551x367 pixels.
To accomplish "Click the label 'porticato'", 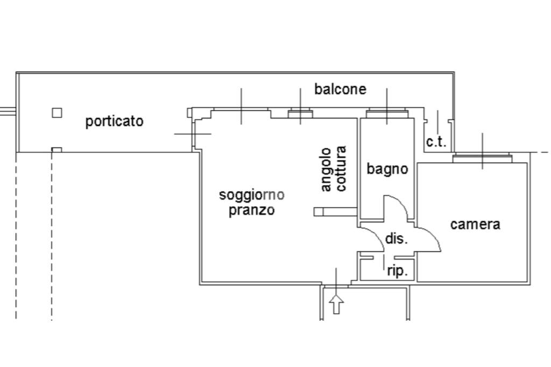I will pos(114,122).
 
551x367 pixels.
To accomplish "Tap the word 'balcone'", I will pos(340,89).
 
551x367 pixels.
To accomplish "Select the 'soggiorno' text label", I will pos(251,194).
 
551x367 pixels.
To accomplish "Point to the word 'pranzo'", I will pos(251,210).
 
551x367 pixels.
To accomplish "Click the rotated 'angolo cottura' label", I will pos(334,169).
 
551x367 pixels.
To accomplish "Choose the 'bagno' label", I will pos(387,169).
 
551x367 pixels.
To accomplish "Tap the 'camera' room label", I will pos(475,224).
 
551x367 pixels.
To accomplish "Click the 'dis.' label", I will pos(397,239).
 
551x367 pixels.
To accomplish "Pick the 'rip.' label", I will pos(398,272).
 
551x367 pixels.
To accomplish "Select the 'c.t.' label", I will pos(436,142).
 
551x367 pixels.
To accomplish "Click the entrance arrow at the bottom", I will pos(336,304).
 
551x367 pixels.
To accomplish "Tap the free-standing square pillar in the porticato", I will pos(56,112).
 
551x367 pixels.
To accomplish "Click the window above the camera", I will pos(482,158).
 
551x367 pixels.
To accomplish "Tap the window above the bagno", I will pos(386,114).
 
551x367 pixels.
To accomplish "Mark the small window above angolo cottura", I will pos(300,114).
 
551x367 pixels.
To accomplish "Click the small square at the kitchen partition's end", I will pos(318,211).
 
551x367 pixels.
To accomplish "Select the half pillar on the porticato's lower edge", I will pos(56,150).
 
